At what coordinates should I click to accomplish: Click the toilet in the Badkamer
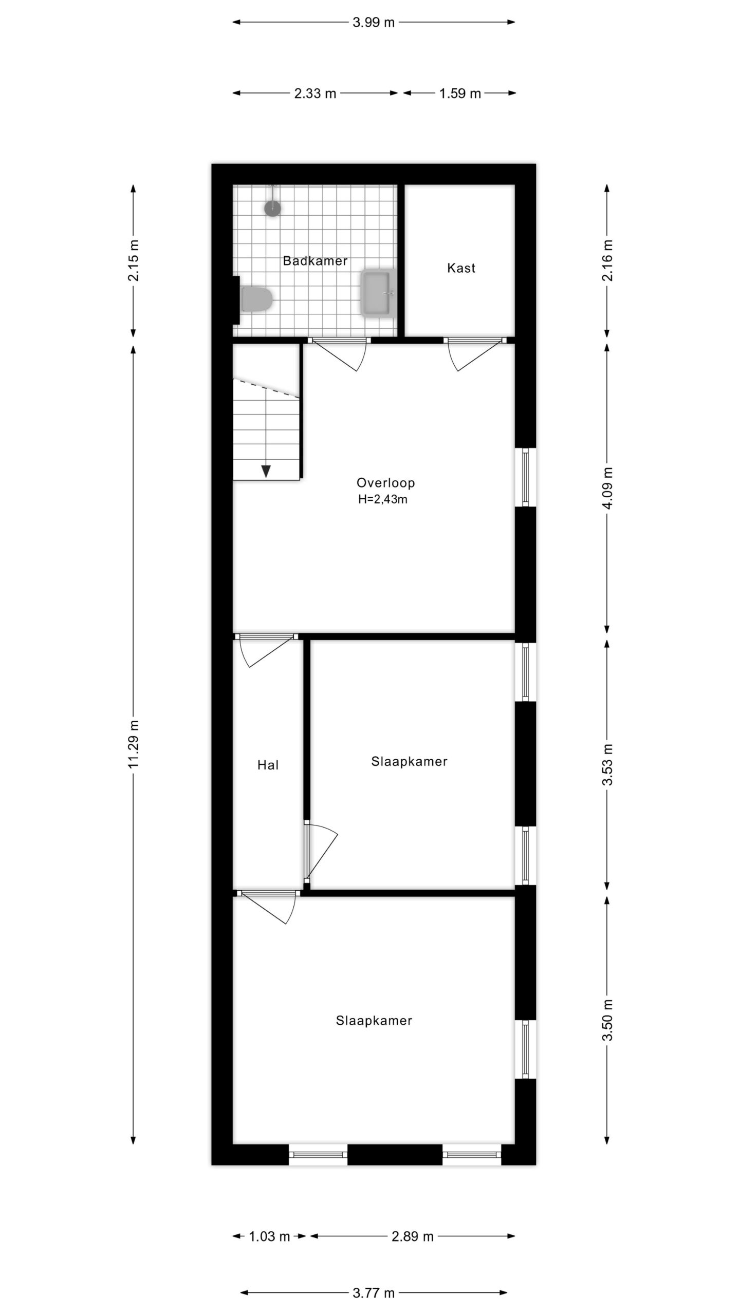pyautogui.click(x=255, y=299)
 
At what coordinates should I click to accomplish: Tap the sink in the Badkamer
pyautogui.click(x=379, y=292)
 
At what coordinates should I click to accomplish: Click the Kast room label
pyautogui.click(x=461, y=268)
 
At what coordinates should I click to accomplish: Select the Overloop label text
pyautogui.click(x=385, y=483)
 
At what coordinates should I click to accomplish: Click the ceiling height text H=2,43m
pyautogui.click(x=383, y=499)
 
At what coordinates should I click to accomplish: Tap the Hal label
pyautogui.click(x=268, y=765)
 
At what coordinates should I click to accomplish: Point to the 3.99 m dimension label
pyautogui.click(x=374, y=23)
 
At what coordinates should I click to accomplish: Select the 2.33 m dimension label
pyautogui.click(x=315, y=93)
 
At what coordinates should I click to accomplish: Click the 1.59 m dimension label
pyautogui.click(x=460, y=93)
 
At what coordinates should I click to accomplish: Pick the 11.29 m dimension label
pyautogui.click(x=134, y=744)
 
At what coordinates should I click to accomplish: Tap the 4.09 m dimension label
pyautogui.click(x=608, y=487)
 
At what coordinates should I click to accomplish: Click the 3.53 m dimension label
pyautogui.click(x=608, y=765)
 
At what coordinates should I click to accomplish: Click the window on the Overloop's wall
pyautogui.click(x=525, y=477)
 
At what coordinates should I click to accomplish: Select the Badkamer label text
pyautogui.click(x=315, y=261)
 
